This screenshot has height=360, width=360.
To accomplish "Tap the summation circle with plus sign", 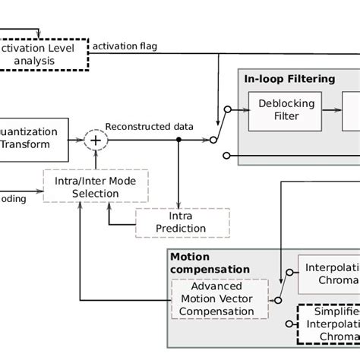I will click(95, 139).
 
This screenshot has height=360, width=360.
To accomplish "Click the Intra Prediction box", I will click(172, 222).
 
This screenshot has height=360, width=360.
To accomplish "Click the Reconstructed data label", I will click(149, 125).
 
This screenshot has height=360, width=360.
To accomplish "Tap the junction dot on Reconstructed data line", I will click(179, 139).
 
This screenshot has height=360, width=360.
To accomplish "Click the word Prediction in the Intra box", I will click(172, 228).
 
